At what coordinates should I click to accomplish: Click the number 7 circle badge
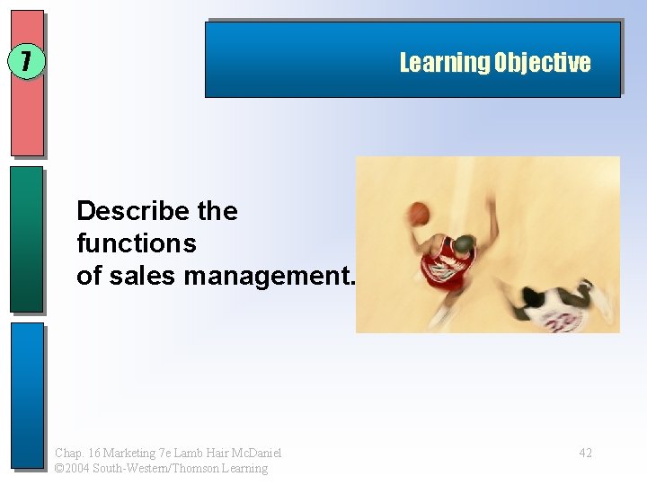[26, 62]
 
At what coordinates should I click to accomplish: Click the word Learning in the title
[445, 63]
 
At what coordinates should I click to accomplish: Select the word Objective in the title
[542, 63]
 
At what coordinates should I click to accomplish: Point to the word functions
[137, 243]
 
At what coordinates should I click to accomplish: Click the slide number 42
[585, 453]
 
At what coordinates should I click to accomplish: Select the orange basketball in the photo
[419, 213]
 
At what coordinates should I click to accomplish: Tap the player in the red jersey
[449, 260]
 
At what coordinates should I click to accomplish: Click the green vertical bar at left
[27, 239]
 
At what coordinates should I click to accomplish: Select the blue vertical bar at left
[27, 395]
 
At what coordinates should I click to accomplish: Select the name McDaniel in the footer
[260, 453]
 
